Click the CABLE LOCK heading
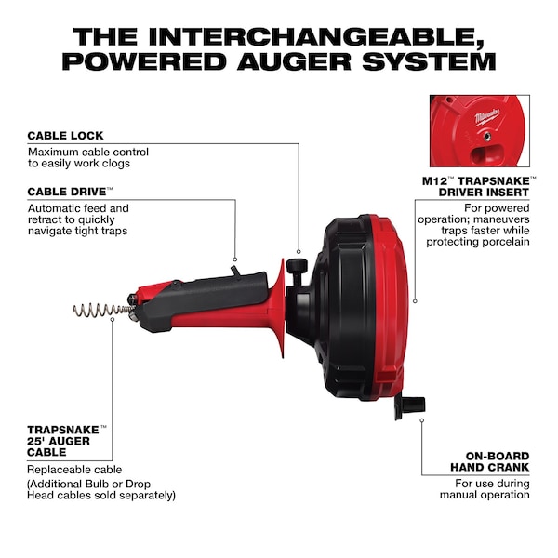click(x=65, y=136)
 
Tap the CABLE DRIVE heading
click(x=67, y=192)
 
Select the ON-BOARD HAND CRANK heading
click(x=490, y=461)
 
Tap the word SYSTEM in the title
click(x=429, y=61)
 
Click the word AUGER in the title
click(x=294, y=61)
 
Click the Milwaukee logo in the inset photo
click(x=486, y=116)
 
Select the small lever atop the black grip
click(x=235, y=271)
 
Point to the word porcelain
click(x=506, y=242)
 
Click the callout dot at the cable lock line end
click(x=299, y=252)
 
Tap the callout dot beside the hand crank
click(x=421, y=420)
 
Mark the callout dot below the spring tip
click(x=113, y=320)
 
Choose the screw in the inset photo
click(x=488, y=136)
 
